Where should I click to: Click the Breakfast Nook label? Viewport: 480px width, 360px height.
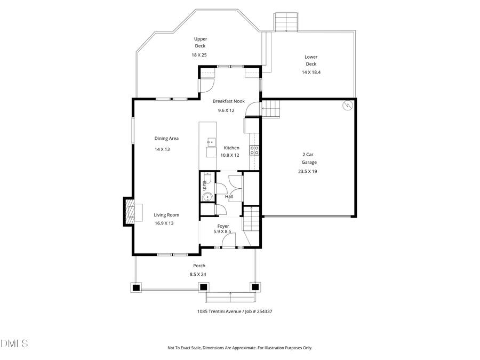coord(228,101)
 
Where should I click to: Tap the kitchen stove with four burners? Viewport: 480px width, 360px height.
coord(255,150)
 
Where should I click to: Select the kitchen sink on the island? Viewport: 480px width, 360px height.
coord(211,142)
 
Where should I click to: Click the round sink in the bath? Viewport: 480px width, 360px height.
coord(207,196)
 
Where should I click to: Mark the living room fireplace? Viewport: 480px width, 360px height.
coord(129,212)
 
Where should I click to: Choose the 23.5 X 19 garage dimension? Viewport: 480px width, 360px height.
coord(308,171)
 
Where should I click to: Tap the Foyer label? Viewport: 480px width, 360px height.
coord(223,226)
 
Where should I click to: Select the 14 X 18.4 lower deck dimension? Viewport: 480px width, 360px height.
coord(311,71)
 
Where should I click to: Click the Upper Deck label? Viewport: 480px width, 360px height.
coord(200,42)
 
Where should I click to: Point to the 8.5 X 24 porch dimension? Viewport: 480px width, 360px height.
coord(198,274)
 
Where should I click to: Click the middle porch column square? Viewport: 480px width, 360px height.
coord(204,287)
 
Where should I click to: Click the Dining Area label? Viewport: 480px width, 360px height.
coord(166,138)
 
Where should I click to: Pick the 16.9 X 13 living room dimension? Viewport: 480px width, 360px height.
coord(164,223)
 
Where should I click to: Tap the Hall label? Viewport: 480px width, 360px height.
coord(229,197)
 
